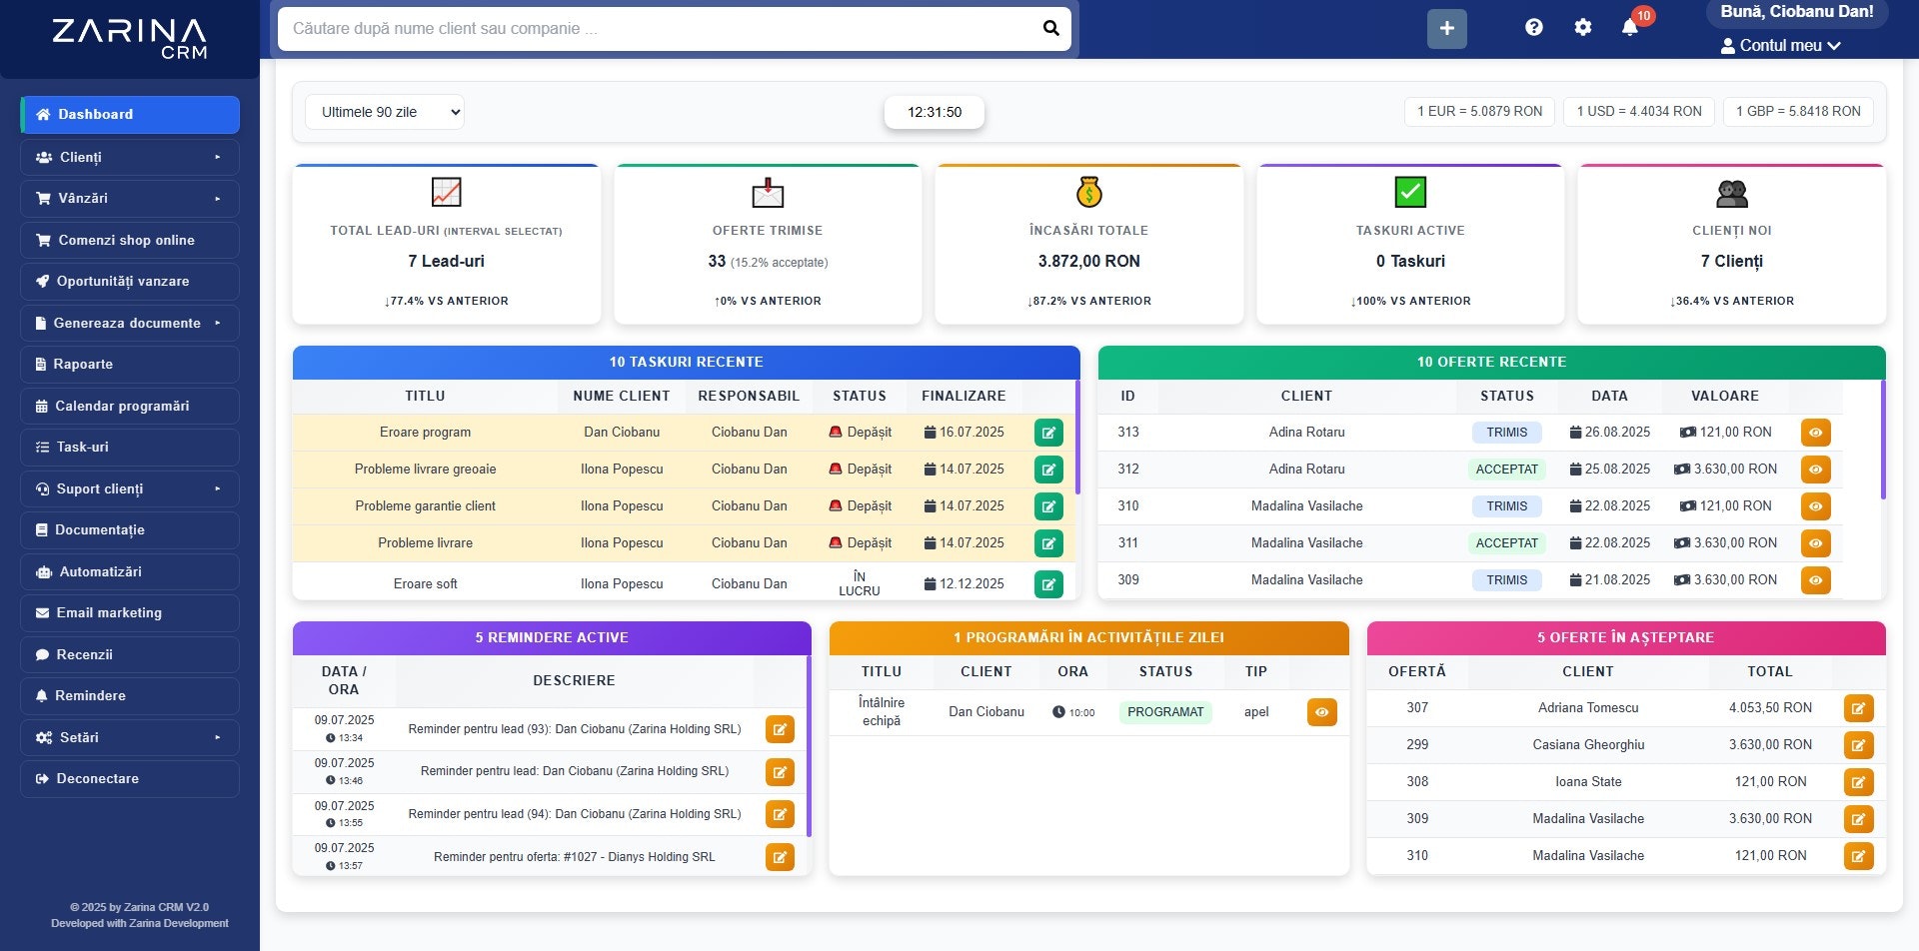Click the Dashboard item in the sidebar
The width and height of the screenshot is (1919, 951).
[130, 115]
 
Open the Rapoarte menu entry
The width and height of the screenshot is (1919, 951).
[130, 365]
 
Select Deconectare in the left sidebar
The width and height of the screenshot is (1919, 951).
[130, 779]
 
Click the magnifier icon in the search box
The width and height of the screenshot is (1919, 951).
[1050, 28]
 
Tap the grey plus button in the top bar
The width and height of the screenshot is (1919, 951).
[1446, 29]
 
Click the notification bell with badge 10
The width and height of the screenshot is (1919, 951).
[1630, 27]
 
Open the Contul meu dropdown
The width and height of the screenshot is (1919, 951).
[1780, 46]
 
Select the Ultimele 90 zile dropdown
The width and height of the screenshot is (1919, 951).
[385, 112]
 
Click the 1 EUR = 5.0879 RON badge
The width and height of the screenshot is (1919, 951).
[1479, 112]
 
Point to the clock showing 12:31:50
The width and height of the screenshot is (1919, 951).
[935, 112]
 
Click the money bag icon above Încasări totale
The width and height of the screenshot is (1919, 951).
[1088, 192]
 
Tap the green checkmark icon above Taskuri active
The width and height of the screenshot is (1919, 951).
[1410, 192]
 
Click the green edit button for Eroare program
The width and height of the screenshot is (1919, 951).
[1048, 433]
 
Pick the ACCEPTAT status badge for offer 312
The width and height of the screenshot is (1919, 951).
[1506, 470]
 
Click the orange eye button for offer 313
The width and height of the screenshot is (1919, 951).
[1815, 433]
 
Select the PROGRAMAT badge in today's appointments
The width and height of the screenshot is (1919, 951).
[1165, 712]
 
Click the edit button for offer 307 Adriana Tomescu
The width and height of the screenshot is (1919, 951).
[1858, 708]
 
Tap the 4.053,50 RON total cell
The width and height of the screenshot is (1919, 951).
[1770, 708]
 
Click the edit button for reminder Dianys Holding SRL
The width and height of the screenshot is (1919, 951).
[780, 857]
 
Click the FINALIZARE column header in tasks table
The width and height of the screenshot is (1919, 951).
[963, 397]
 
